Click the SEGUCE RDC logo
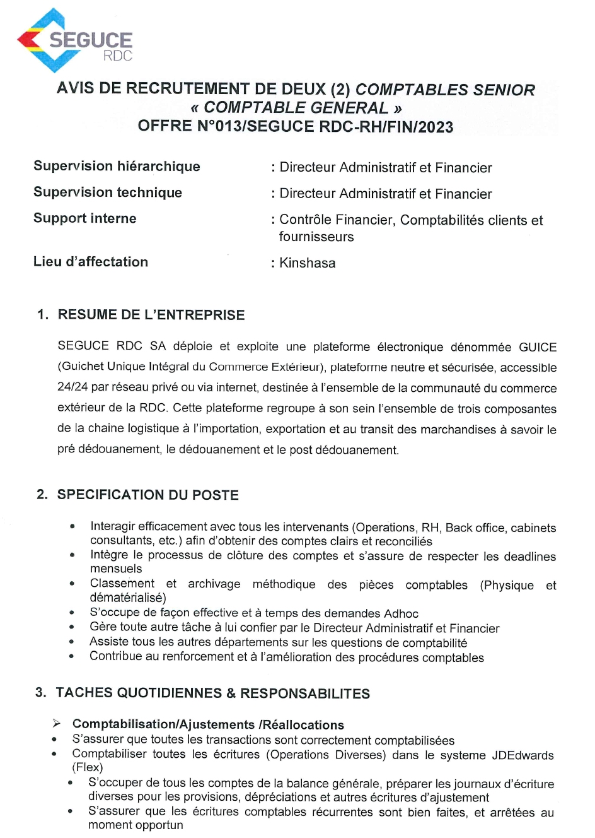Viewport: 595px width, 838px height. click(74, 41)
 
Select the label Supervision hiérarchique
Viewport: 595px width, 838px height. click(117, 166)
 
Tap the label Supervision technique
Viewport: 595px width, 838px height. click(108, 192)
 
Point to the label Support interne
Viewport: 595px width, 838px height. click(85, 218)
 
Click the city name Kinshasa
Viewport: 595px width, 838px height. click(308, 263)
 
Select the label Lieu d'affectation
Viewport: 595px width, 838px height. click(91, 262)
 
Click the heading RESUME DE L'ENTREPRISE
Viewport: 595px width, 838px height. click(151, 315)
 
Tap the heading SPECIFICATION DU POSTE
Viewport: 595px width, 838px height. click(147, 495)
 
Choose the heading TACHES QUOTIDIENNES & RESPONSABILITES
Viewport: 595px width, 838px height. click(212, 693)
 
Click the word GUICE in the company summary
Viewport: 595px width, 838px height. click(538, 347)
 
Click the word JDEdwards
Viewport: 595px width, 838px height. click(523, 755)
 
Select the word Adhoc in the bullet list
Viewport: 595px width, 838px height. click(401, 613)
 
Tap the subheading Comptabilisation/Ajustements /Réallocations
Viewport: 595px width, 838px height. click(208, 724)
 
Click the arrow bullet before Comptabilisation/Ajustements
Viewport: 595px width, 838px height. click(57, 724)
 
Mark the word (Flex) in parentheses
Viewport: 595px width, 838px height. click(88, 768)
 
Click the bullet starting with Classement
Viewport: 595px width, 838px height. click(72, 584)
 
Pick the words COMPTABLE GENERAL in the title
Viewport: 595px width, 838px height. click(296, 108)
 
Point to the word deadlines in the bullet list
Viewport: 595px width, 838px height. click(526, 557)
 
